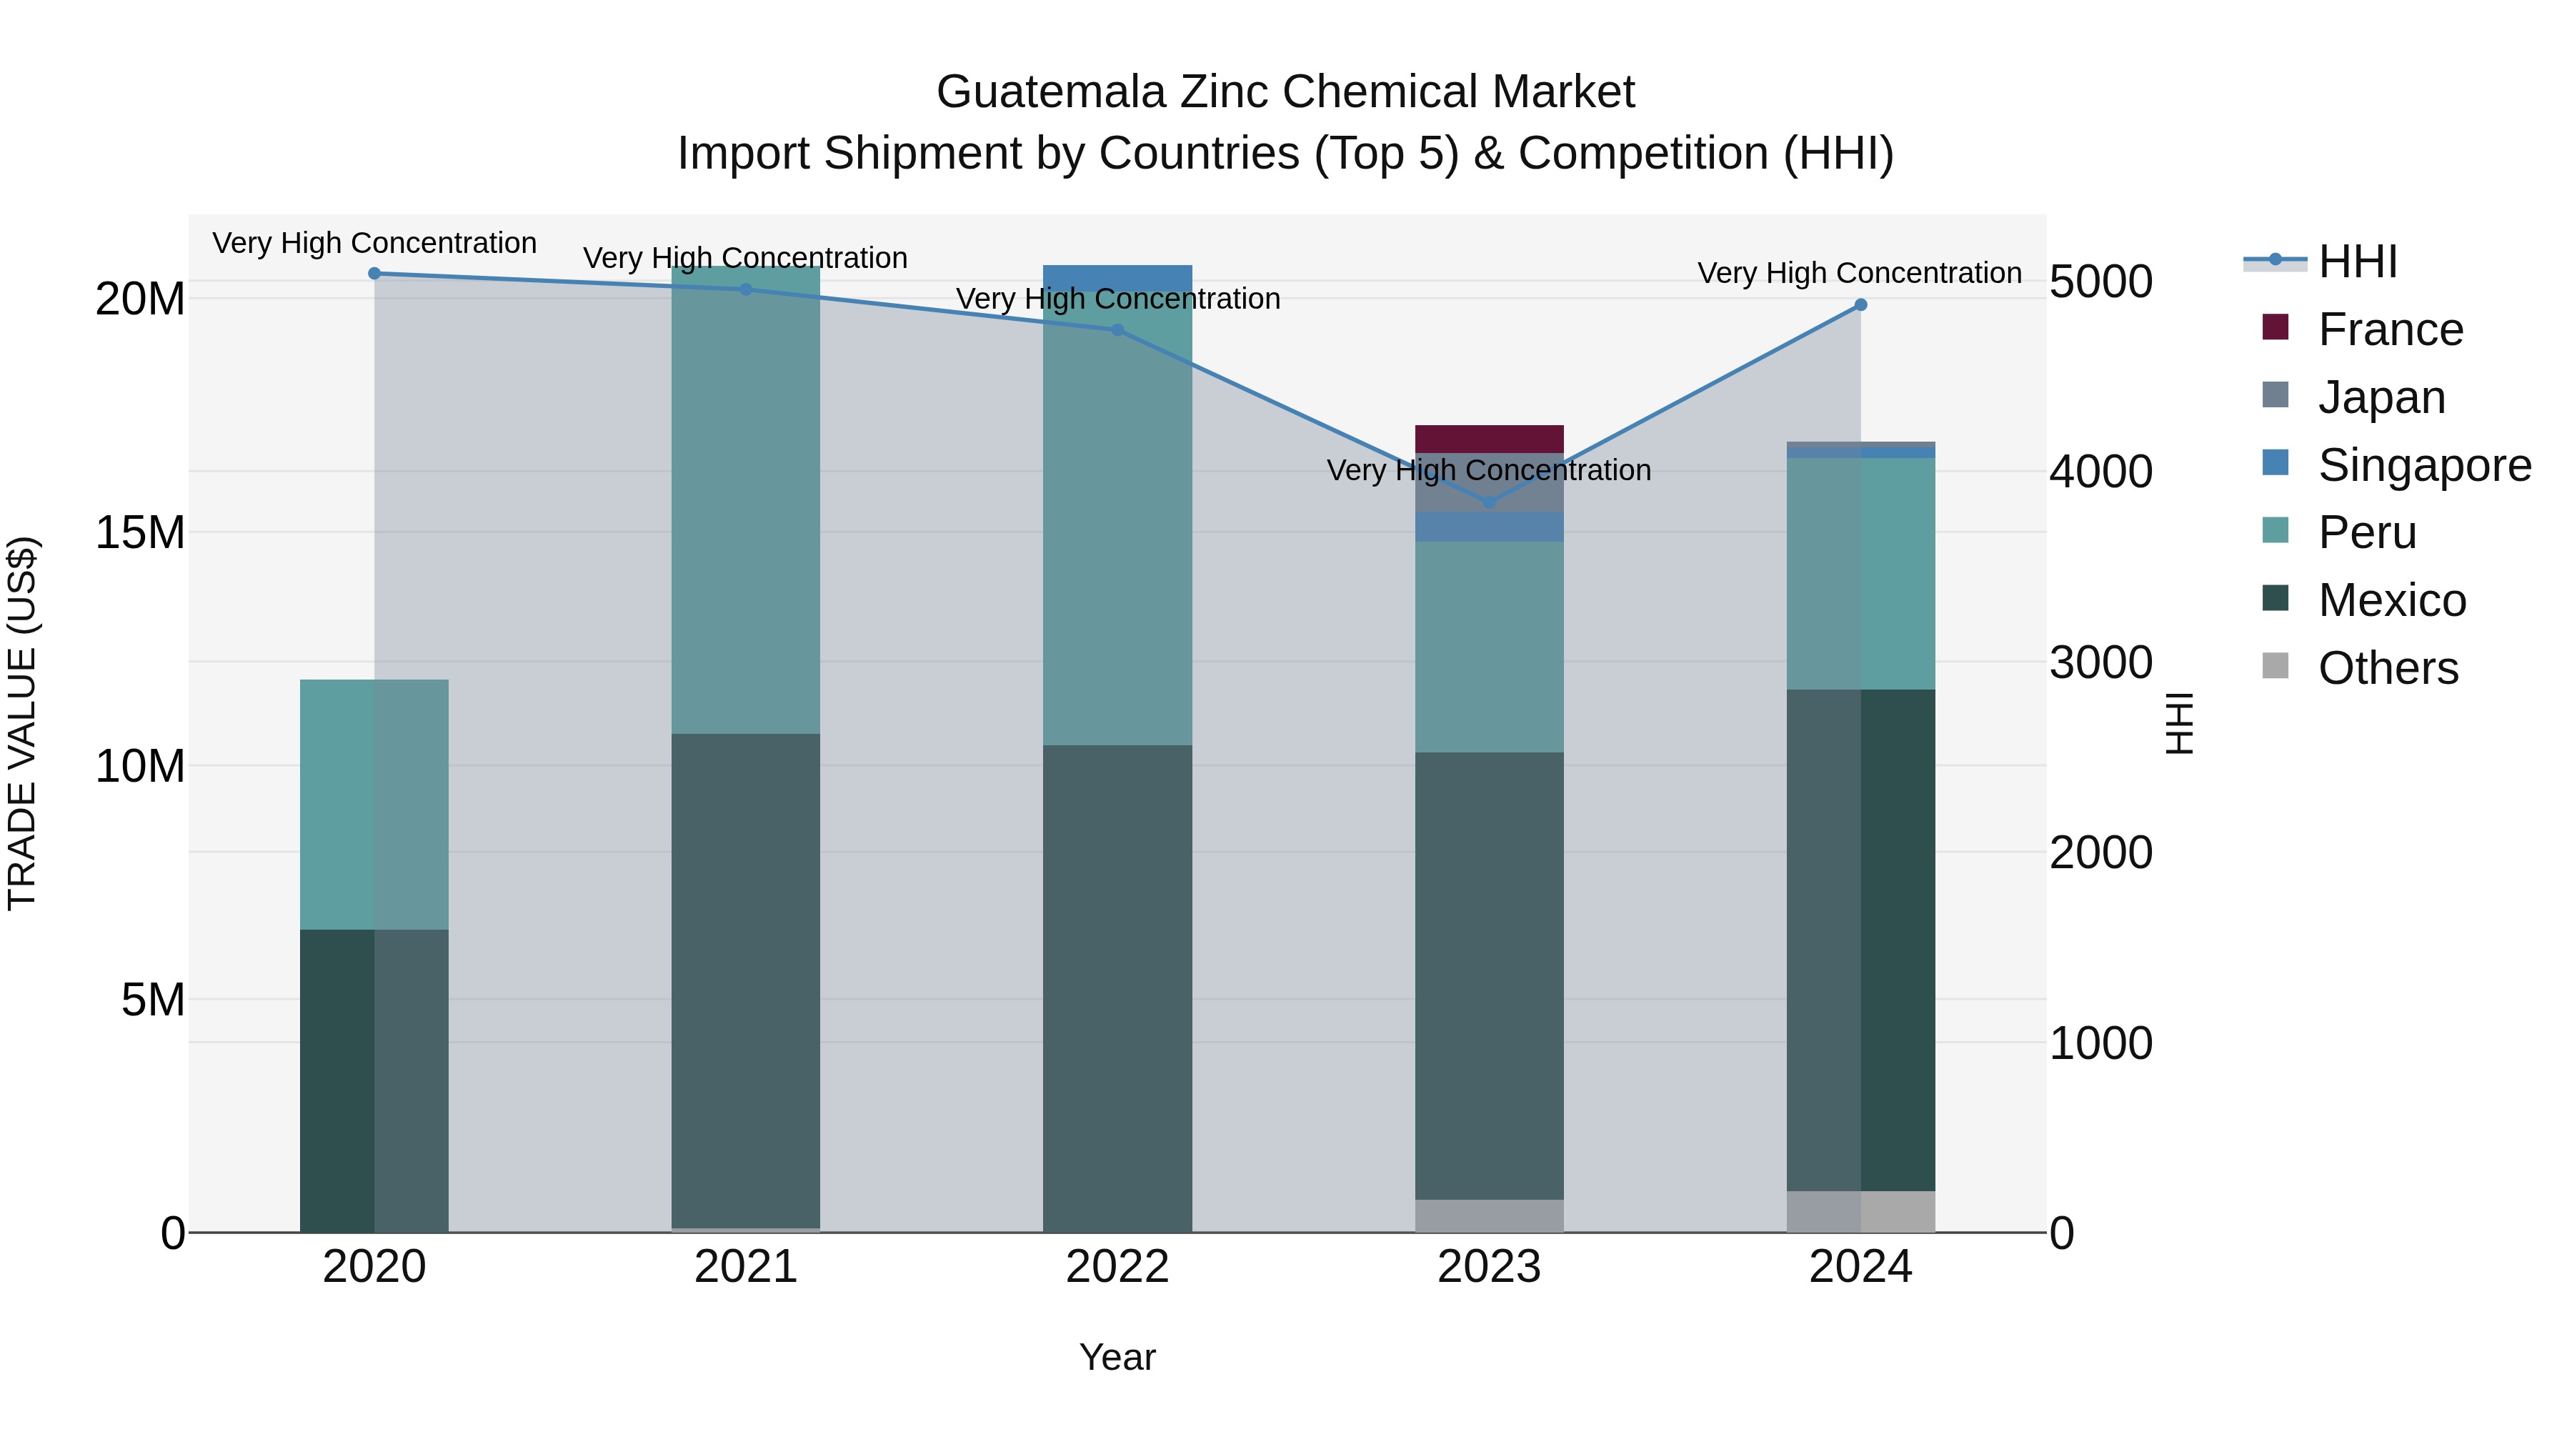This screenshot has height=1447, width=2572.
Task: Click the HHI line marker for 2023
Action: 1489,502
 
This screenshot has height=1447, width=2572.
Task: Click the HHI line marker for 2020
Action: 374,273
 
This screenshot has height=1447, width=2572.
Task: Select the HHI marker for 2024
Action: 1860,304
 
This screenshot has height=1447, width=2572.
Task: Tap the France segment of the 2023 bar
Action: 1489,439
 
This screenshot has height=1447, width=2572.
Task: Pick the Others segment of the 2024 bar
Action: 1860,1210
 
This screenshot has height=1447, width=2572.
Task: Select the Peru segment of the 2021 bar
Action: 746,499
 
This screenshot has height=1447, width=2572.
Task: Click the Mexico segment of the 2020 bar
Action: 374,1078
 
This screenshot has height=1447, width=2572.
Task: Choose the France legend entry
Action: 2389,329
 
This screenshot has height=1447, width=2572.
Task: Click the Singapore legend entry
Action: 2423,465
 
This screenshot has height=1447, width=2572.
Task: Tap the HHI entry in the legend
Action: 2356,262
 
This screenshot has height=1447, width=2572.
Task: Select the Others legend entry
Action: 2387,668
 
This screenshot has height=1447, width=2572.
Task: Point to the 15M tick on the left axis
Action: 140,532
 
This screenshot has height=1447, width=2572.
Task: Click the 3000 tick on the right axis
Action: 2100,662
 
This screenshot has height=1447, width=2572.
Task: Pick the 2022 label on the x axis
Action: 1117,1267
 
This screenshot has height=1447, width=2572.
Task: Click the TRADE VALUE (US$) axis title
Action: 22,723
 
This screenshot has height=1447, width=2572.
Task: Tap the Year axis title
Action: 1117,1357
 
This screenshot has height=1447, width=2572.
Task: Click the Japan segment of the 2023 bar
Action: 1489,482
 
